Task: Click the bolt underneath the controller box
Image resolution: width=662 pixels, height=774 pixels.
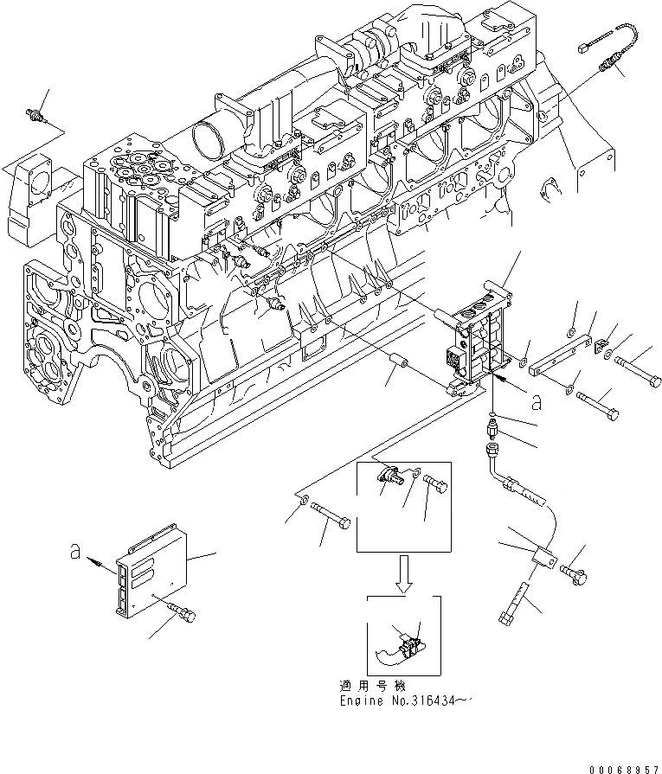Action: (182, 613)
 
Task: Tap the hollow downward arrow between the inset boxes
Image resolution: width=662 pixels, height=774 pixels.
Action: (404, 572)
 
